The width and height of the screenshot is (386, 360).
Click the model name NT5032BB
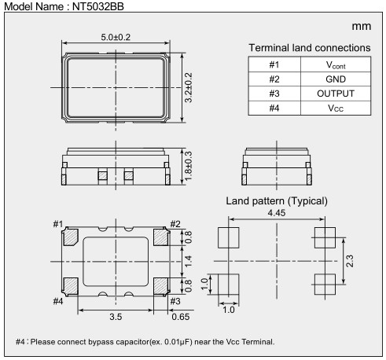point(94,6)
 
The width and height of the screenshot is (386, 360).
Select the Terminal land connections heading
point(309,49)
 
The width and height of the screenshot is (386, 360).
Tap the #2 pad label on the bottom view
point(176,223)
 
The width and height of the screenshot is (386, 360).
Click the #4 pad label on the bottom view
point(57,299)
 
